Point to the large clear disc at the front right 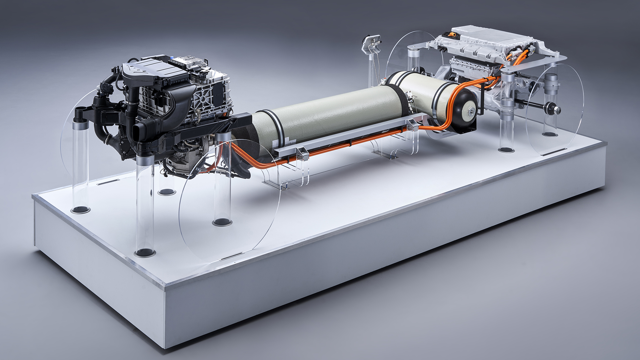pyautogui.click(x=230, y=200)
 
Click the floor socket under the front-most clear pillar pyautogui.click(x=145, y=252)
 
